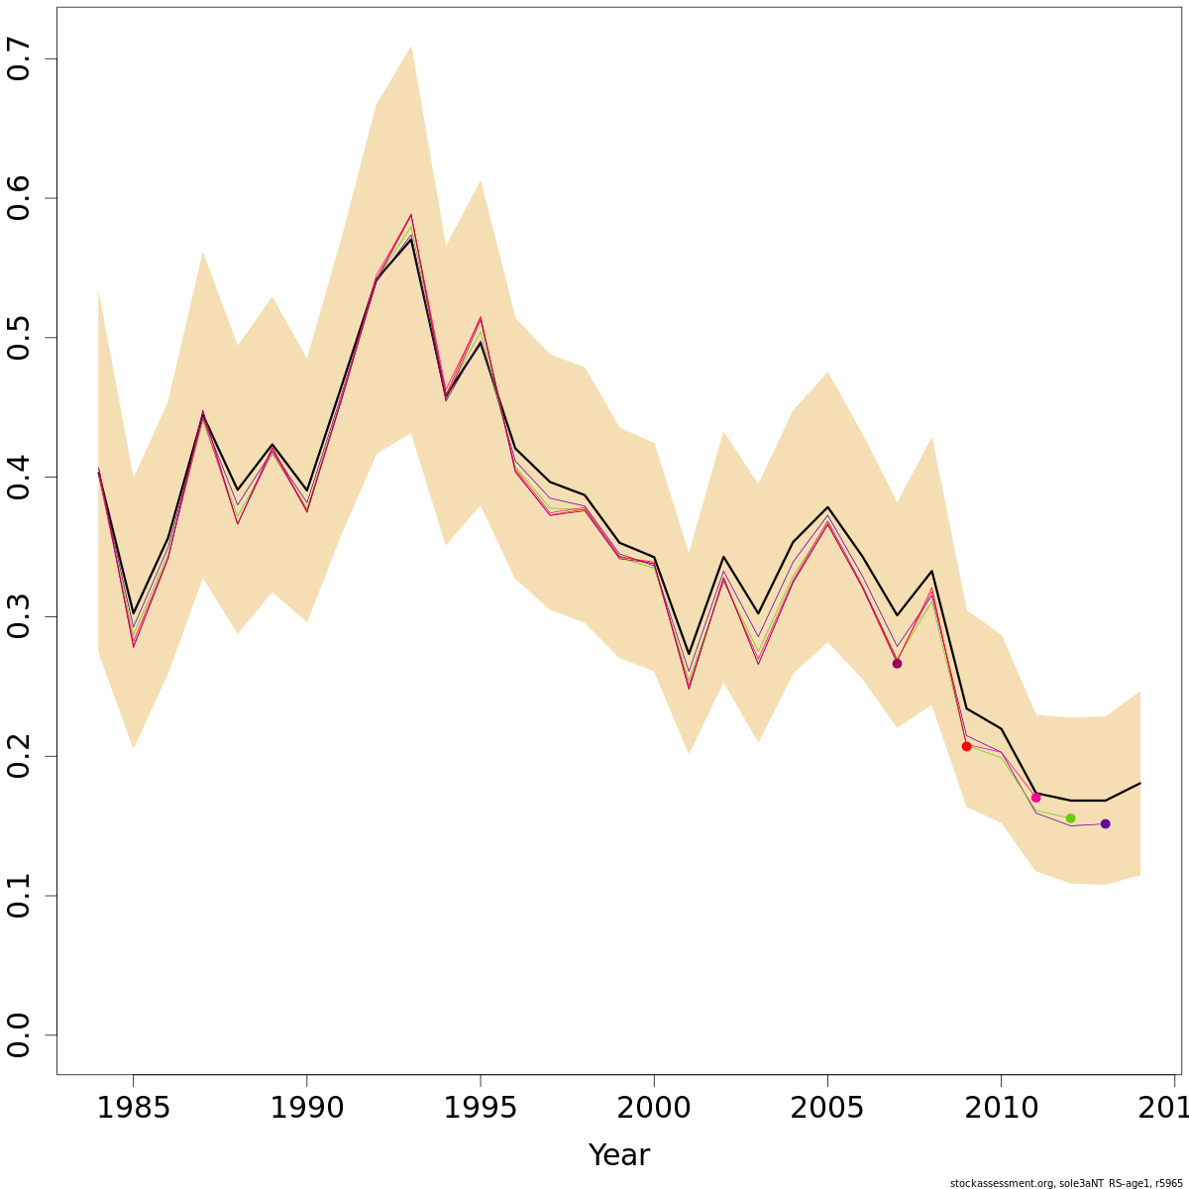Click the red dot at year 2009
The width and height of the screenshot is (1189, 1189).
click(x=966, y=746)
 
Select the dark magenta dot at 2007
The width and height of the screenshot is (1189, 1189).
click(x=897, y=663)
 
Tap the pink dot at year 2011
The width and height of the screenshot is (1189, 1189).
click(x=1035, y=798)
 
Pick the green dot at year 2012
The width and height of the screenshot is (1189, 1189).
click(x=1070, y=818)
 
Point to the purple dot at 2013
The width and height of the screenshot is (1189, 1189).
click(x=1105, y=824)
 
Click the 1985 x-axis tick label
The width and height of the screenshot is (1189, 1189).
click(x=133, y=1108)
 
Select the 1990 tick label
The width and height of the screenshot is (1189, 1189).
click(x=307, y=1108)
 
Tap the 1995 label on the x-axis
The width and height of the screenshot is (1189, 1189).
click(x=481, y=1108)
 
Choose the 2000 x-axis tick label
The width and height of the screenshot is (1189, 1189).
click(x=654, y=1108)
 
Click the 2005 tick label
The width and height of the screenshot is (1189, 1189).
click(x=827, y=1108)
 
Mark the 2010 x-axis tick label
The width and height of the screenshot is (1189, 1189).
click(x=1001, y=1108)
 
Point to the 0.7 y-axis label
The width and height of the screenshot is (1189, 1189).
click(x=20, y=59)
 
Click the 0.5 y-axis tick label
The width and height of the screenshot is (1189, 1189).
click(x=20, y=338)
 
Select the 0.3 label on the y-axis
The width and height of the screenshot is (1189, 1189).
click(x=20, y=617)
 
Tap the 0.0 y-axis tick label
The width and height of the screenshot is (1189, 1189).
click(x=20, y=1035)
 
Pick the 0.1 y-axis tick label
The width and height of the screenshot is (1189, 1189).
click(x=20, y=896)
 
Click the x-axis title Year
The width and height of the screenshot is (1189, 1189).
click(x=619, y=1155)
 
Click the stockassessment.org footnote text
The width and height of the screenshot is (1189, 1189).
click(x=1066, y=1183)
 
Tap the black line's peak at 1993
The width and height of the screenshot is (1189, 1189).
click(x=410, y=239)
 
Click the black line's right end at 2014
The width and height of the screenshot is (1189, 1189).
click(x=1139, y=784)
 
